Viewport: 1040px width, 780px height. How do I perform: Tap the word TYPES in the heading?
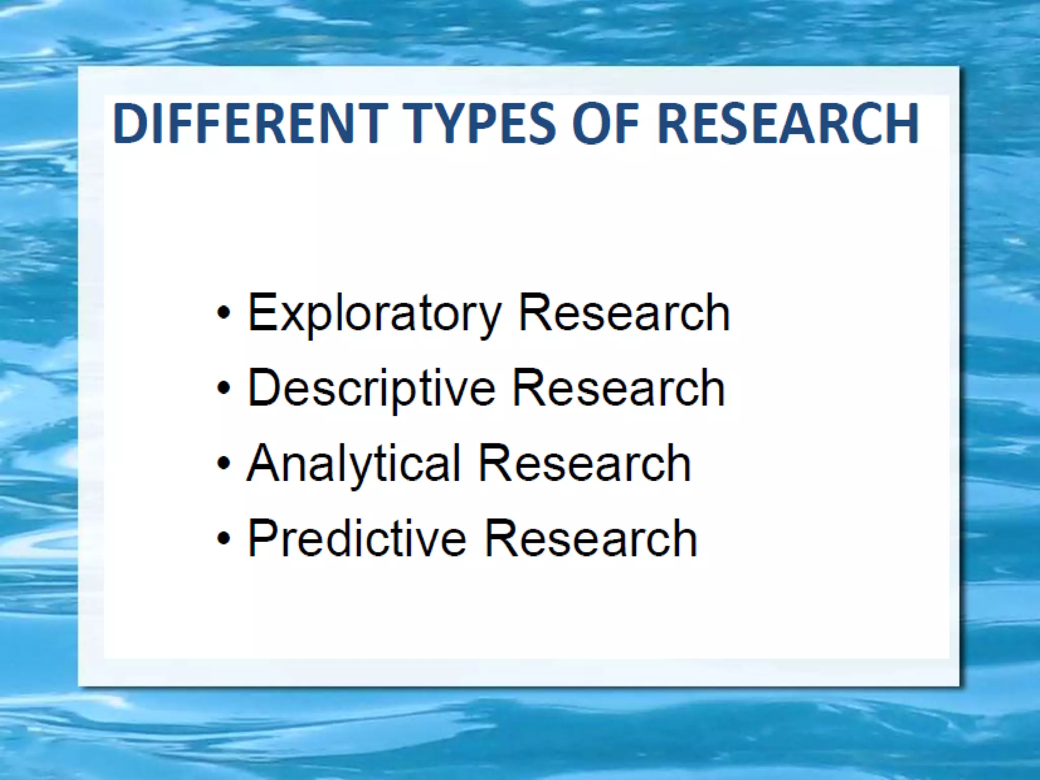[481, 123]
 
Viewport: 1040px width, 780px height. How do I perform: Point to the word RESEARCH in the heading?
[788, 123]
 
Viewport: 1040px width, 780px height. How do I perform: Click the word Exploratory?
[374, 314]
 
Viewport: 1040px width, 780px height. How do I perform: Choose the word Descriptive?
[371, 388]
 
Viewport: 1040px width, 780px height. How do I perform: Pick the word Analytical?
[353, 464]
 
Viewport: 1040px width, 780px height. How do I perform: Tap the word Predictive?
[357, 538]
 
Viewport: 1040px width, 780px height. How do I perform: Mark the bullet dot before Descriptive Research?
[223, 388]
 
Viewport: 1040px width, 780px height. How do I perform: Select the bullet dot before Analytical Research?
[223, 463]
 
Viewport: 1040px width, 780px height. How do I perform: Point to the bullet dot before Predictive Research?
[223, 538]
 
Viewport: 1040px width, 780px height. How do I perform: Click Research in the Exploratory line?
[624, 313]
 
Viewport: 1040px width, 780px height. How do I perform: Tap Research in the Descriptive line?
[619, 388]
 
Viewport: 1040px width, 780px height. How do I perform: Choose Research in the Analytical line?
[584, 463]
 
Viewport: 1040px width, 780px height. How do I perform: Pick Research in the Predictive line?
[591, 538]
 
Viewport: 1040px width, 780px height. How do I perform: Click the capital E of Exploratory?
[262, 312]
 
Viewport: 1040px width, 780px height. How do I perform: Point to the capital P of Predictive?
[263, 538]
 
